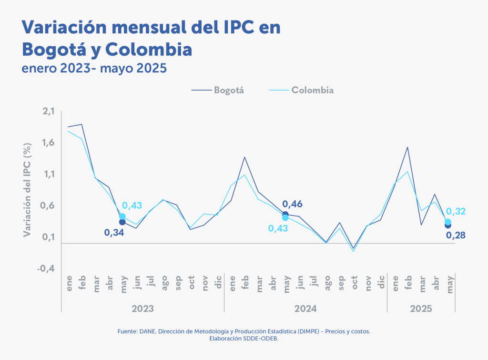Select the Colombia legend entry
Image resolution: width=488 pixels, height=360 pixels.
[x=312, y=90]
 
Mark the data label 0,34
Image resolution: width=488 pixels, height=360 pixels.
[x=115, y=233]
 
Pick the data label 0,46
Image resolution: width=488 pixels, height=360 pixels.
[x=292, y=205]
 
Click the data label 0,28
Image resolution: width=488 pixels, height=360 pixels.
[x=455, y=236]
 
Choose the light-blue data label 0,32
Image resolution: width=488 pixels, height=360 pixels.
[x=456, y=212]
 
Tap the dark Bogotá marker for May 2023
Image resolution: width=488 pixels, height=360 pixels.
[x=122, y=222]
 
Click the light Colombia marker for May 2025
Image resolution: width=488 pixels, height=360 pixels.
[x=448, y=222]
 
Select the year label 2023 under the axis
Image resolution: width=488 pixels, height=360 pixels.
[x=142, y=309]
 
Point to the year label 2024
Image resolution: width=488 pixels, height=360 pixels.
[x=305, y=309]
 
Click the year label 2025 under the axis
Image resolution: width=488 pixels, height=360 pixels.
[x=421, y=309]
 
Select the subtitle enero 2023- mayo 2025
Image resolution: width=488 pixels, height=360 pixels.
[x=94, y=68]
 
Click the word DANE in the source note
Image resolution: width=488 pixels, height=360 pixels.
[x=144, y=331]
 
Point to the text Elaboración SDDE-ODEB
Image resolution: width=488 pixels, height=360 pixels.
[x=244, y=339]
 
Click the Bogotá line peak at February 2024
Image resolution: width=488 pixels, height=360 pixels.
[x=244, y=157]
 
